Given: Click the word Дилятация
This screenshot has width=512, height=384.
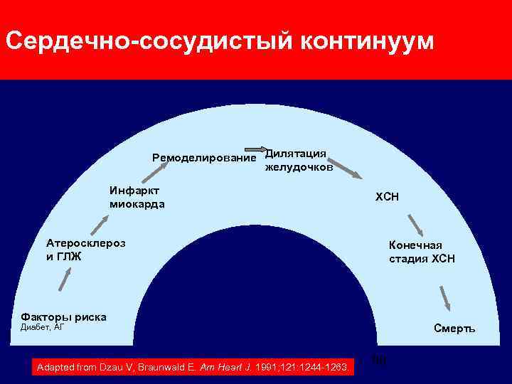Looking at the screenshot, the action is [296, 153].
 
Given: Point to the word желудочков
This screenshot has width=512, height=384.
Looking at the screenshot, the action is [299, 168].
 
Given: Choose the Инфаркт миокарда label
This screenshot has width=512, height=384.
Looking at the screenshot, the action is [137, 197].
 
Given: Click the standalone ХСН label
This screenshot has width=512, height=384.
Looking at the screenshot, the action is [388, 197].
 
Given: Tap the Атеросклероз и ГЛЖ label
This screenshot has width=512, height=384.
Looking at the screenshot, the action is [85, 249].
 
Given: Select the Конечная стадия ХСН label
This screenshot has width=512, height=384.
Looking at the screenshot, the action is [422, 252].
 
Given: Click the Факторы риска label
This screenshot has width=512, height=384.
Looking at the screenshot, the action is [64, 316].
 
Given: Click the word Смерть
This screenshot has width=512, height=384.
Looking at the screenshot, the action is [454, 329].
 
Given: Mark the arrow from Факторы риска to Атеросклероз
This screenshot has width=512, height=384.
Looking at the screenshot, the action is [65, 277].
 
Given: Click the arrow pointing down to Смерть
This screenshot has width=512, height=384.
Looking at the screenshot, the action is [445, 297].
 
